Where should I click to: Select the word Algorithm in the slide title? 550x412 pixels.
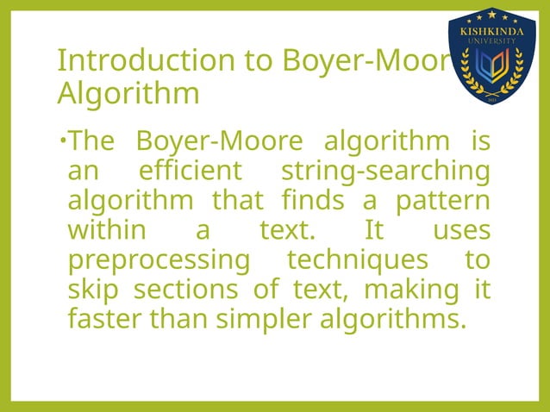(128, 92)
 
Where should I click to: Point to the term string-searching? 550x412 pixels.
(385, 171)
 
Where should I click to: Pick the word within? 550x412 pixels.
(101, 230)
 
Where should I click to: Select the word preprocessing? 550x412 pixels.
(158, 260)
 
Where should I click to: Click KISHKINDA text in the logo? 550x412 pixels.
(493, 28)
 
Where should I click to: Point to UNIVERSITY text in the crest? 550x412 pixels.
(493, 40)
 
